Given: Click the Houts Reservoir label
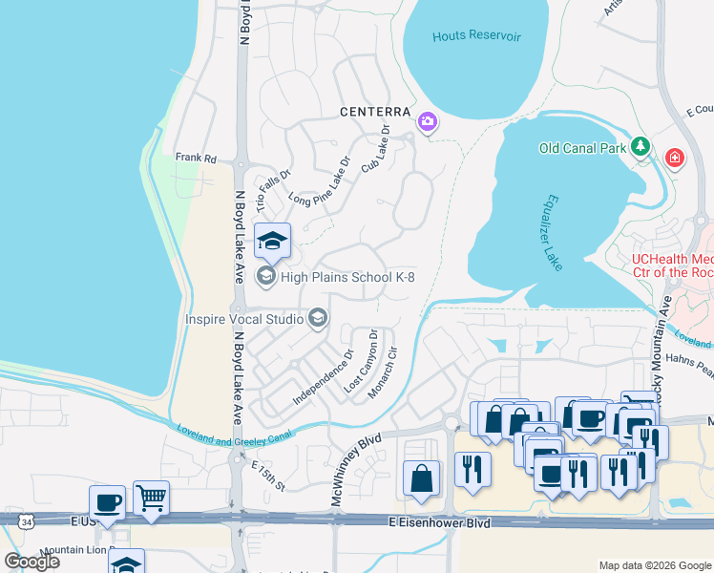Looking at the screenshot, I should point(476,36).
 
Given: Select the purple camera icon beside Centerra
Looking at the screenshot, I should point(428,122).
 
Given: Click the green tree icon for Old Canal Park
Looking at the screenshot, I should point(643,147).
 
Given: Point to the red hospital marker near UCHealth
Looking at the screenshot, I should point(675,157).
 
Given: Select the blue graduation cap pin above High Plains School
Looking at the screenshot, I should point(273,242).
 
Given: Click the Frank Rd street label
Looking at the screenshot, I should point(197,159).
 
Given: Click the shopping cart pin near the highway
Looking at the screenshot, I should point(151,497).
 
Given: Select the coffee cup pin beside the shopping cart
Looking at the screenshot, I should point(107,501).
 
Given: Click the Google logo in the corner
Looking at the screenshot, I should point(31,562).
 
